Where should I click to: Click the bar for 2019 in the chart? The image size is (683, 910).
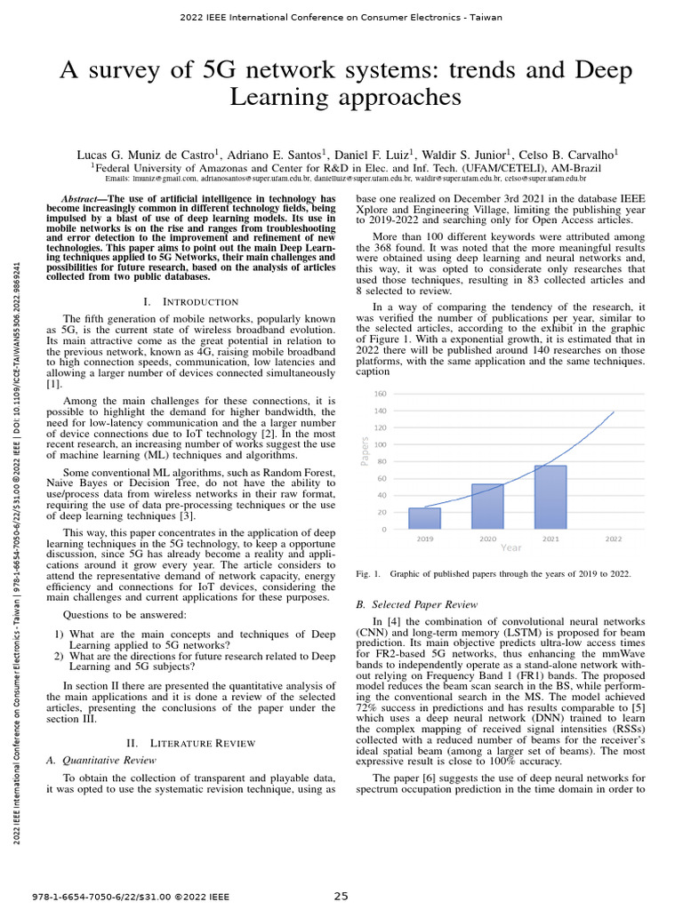click(424, 518)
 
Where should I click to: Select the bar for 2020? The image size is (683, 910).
click(486, 507)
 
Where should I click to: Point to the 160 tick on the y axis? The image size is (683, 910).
click(380, 394)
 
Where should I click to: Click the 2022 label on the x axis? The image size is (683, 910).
click(613, 539)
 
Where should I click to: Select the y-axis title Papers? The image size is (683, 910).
click(365, 451)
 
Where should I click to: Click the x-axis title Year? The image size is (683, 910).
click(510, 548)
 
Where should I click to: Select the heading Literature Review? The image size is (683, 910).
click(203, 743)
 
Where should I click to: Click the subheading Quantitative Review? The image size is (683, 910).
click(100, 761)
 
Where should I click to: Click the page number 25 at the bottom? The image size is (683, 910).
click(341, 896)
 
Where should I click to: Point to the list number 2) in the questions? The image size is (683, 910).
click(59, 656)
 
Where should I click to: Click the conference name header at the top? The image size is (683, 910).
click(341, 17)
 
